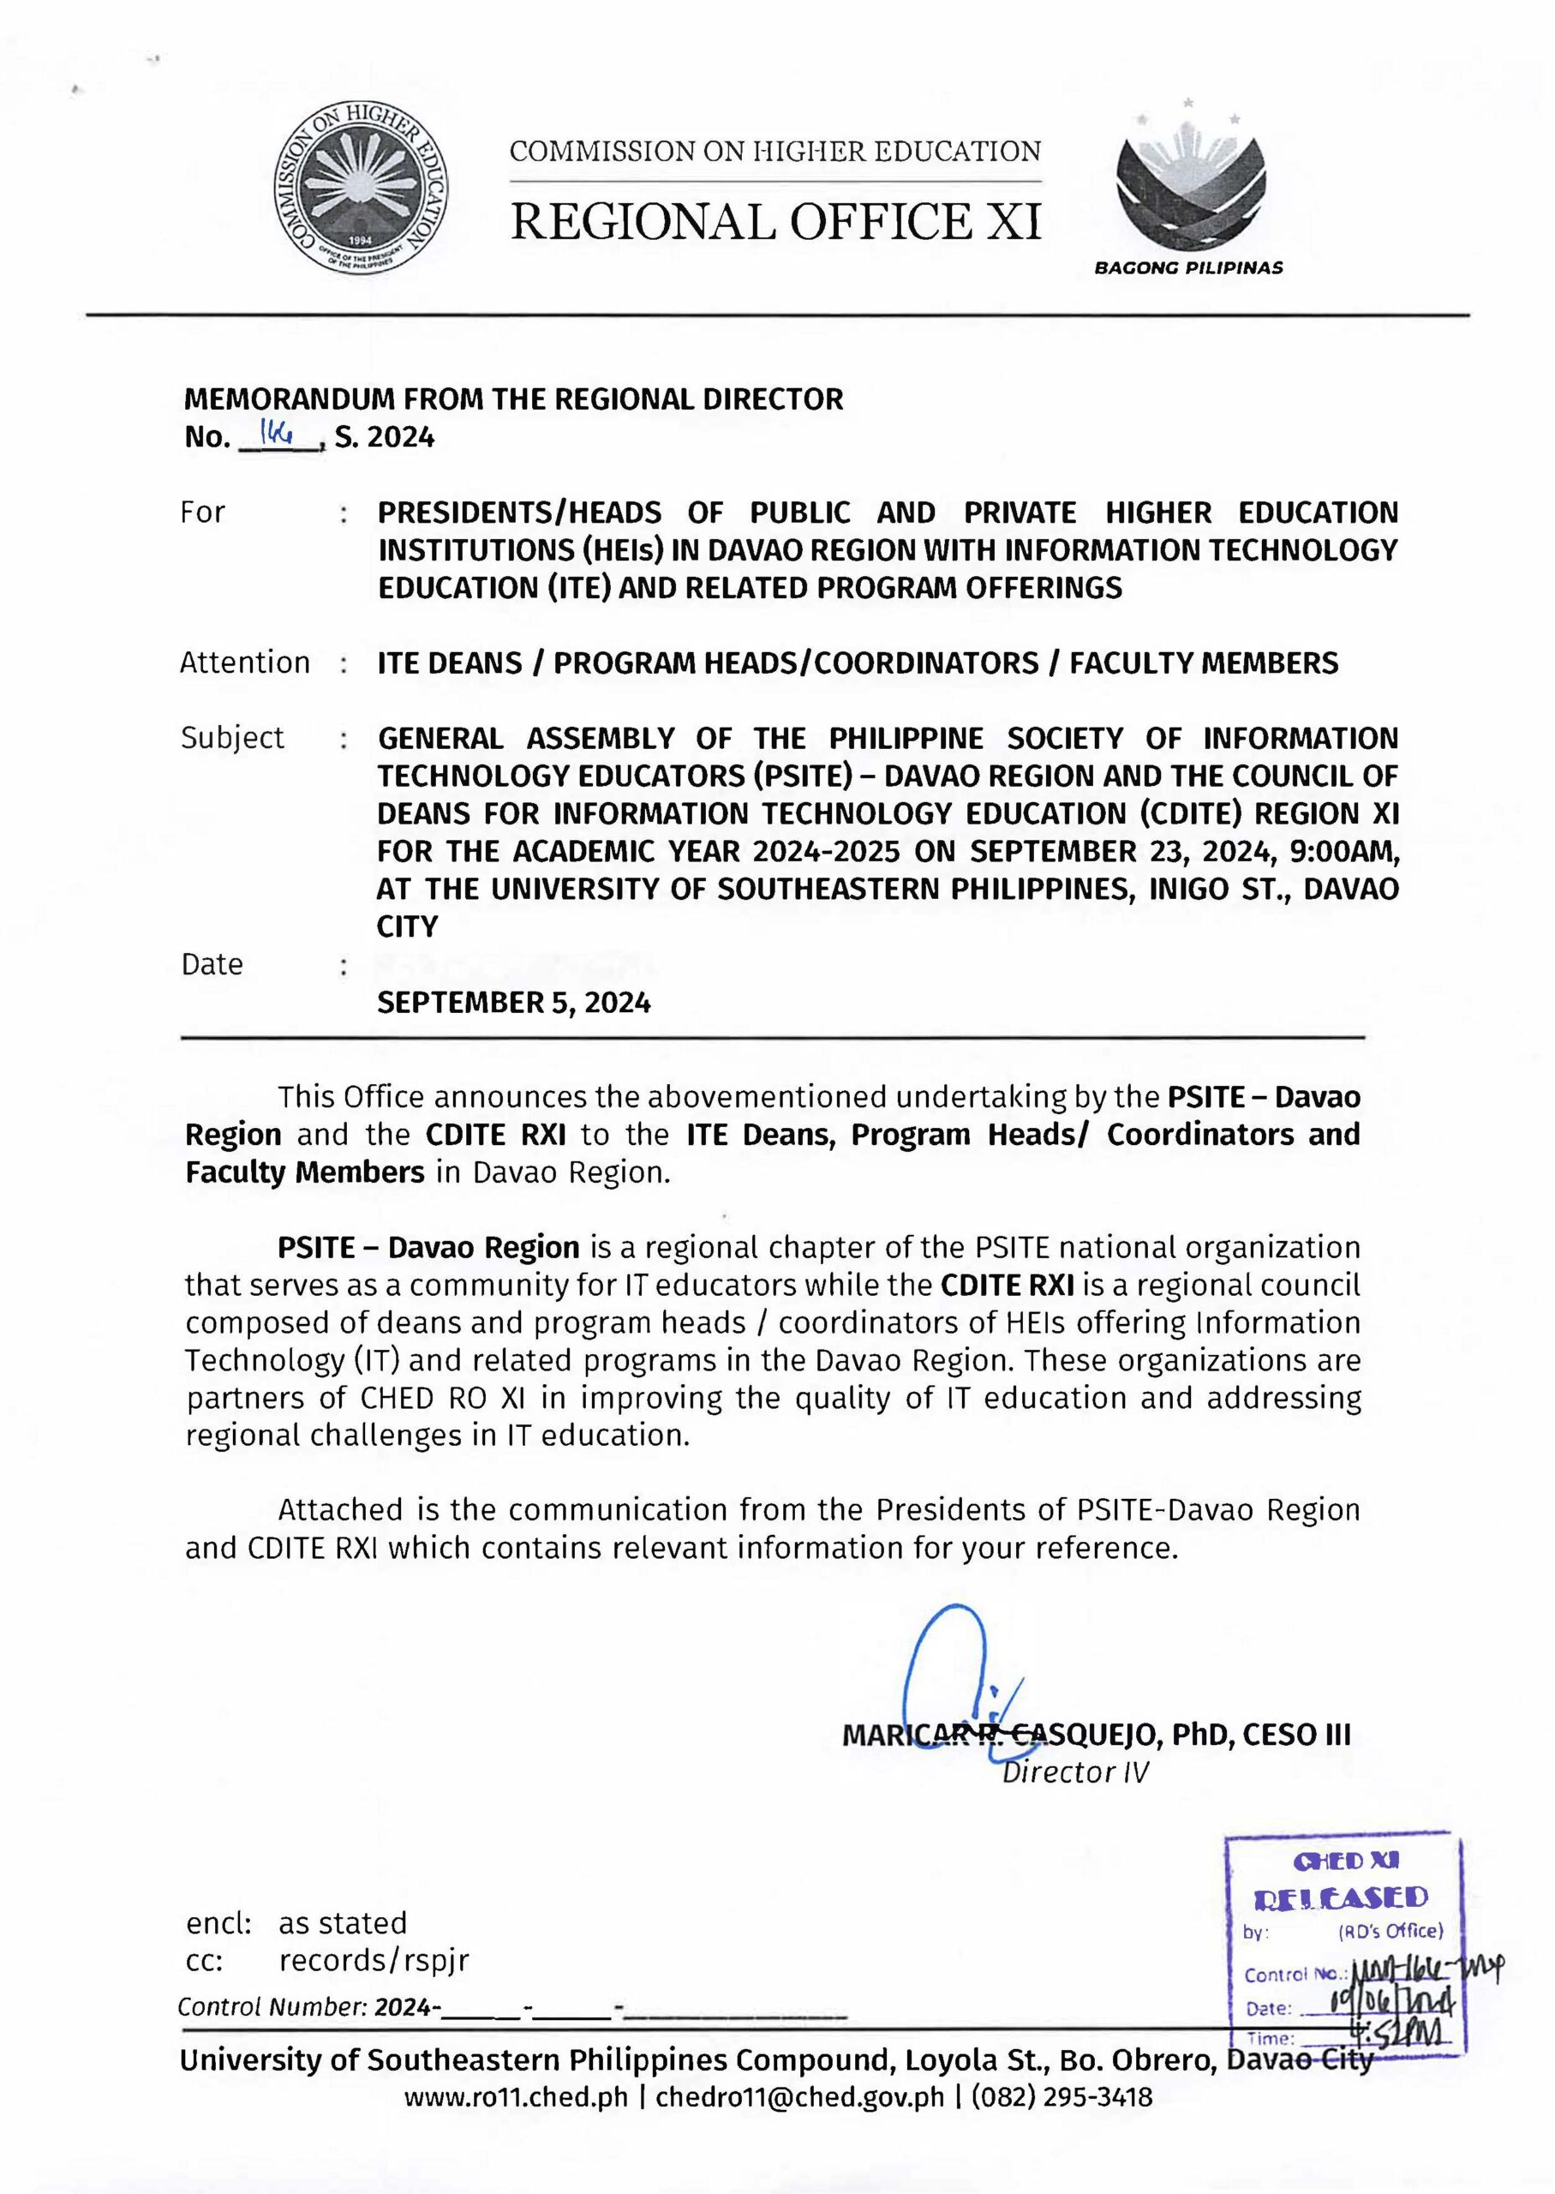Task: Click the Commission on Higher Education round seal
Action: click(364, 189)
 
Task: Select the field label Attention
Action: click(245, 662)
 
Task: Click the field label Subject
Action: click(233, 737)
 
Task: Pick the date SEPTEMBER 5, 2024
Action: click(514, 1003)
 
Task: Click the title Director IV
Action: click(1074, 1772)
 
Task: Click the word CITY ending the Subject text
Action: click(407, 926)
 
